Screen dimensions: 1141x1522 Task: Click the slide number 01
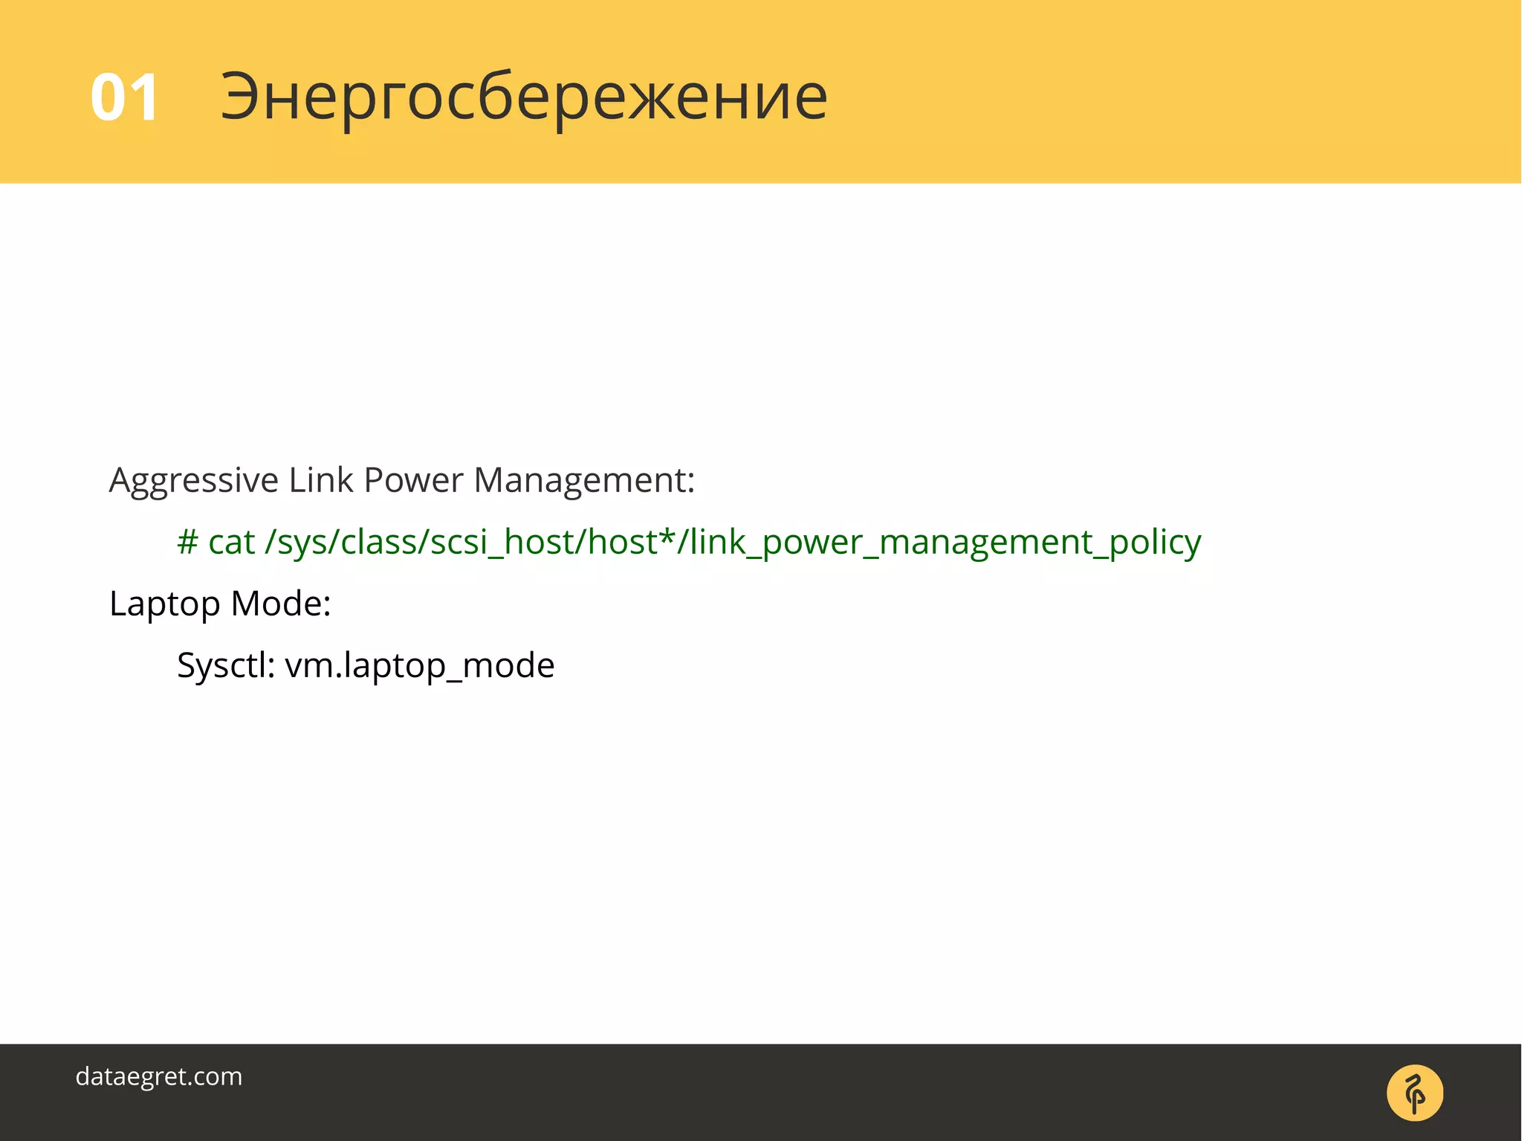124,97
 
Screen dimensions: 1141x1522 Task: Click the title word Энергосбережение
524,97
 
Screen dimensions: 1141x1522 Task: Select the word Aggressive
193,481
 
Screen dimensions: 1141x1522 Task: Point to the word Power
413,480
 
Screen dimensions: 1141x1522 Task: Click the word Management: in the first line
584,480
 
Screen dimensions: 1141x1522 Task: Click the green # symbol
187,542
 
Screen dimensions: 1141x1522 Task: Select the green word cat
231,542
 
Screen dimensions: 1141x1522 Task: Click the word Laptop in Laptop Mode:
164,604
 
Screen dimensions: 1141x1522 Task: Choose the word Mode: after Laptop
281,603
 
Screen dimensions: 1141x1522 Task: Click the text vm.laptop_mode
420,665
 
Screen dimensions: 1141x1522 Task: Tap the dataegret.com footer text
159,1076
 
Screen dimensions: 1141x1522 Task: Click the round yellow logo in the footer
1414,1093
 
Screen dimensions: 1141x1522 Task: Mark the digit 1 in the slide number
144,97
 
